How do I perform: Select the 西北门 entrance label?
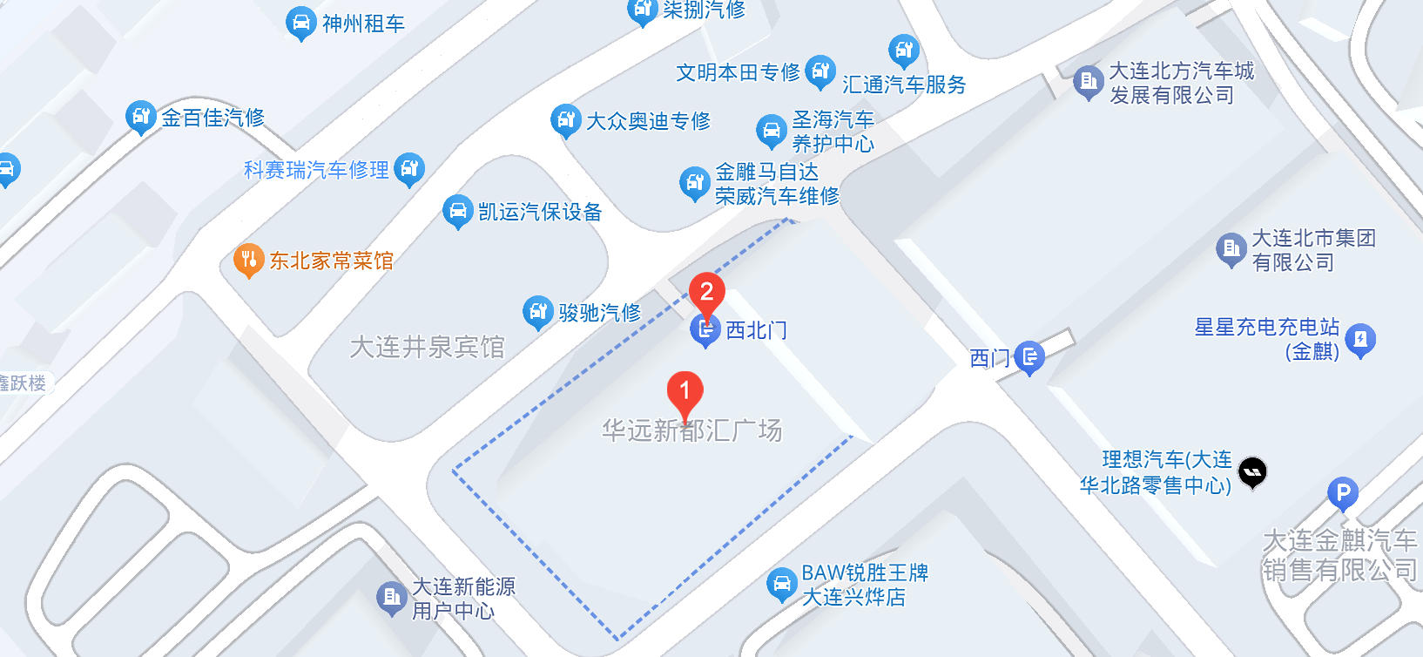[x=756, y=330]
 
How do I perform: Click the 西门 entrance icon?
[x=1029, y=356]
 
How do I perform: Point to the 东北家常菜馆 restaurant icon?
[x=248, y=259]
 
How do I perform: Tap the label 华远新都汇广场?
[x=691, y=430]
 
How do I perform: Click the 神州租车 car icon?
[x=300, y=23]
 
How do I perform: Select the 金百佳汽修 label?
[x=212, y=118]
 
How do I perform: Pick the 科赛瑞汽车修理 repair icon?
[x=408, y=168]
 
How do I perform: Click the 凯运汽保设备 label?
[x=540, y=212]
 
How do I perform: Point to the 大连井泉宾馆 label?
[x=427, y=347]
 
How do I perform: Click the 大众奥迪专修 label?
[x=648, y=121]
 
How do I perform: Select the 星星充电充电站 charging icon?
[x=1360, y=338]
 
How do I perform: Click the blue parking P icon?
[x=1342, y=494]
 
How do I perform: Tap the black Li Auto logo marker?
[x=1252, y=472]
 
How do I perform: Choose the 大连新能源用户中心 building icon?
[x=391, y=597]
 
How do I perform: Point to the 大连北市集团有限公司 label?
[x=1312, y=250]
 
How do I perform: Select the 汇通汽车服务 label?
[x=904, y=85]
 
